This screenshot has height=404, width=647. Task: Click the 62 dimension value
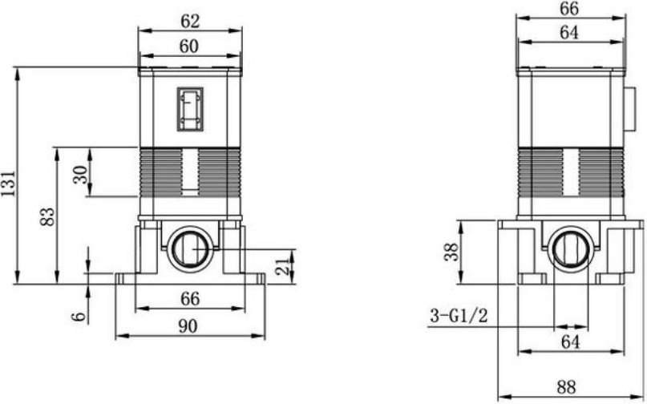coord(190,21)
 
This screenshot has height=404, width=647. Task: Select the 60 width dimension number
coord(188,46)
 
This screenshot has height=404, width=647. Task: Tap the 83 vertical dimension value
coord(47,216)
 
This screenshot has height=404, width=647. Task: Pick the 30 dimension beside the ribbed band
coord(80,175)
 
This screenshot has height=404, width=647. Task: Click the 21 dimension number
coord(283,267)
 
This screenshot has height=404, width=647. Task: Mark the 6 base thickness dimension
coord(79,317)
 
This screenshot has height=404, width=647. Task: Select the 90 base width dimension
coord(188,326)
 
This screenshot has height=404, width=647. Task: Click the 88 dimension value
coord(566,387)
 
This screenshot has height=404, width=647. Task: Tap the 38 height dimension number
coord(451,252)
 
